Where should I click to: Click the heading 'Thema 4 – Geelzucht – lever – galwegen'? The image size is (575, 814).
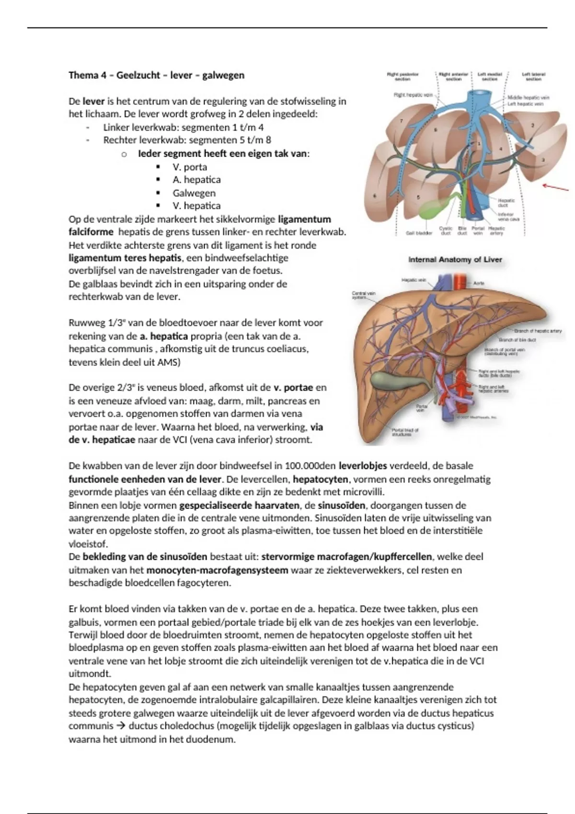click(156, 75)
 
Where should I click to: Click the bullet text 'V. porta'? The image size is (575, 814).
click(190, 167)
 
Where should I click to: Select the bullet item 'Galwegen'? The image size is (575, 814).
click(194, 193)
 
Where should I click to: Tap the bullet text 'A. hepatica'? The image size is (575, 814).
click(196, 180)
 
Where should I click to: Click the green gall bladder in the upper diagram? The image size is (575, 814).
click(433, 209)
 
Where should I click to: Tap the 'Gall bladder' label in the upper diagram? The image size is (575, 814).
click(420, 233)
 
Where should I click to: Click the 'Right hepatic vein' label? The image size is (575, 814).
click(413, 95)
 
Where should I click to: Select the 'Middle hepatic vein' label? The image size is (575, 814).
click(529, 97)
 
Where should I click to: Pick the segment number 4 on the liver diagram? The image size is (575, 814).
click(500, 149)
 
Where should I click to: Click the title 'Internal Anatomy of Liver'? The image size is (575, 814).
click(455, 260)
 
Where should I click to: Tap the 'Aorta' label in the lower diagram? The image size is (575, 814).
click(479, 283)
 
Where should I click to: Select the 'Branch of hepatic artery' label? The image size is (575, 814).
click(538, 331)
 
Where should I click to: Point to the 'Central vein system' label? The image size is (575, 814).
click(364, 295)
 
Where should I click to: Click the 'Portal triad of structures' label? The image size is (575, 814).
click(405, 432)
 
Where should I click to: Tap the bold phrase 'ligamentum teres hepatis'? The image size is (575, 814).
click(125, 258)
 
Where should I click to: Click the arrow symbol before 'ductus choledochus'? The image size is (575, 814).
click(121, 726)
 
